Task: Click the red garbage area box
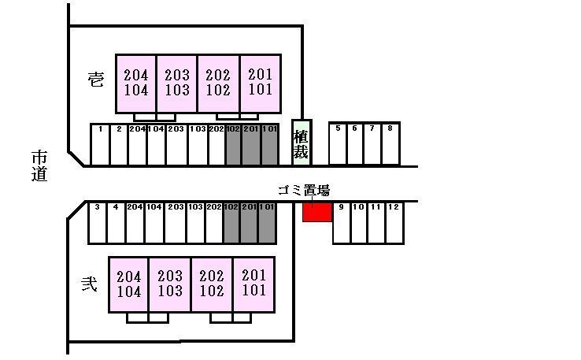pyautogui.click(x=316, y=212)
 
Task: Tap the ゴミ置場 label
pyautogui.click(x=304, y=190)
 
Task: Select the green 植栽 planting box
pyautogui.click(x=301, y=142)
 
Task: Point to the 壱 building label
pyautogui.click(x=95, y=80)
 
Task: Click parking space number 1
pyautogui.click(x=100, y=144)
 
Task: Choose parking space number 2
pyautogui.click(x=118, y=144)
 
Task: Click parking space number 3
pyautogui.click(x=96, y=223)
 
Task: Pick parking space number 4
pyautogui.click(x=115, y=223)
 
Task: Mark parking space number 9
pyautogui.click(x=341, y=223)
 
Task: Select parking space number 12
pyautogui.click(x=394, y=223)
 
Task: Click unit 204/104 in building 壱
pyautogui.click(x=136, y=83)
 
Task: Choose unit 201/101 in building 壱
pyautogui.click(x=260, y=83)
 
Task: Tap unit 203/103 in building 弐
pyautogui.click(x=169, y=284)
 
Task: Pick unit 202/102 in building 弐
pyautogui.click(x=212, y=284)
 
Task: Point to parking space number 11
pyautogui.click(x=376, y=223)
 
